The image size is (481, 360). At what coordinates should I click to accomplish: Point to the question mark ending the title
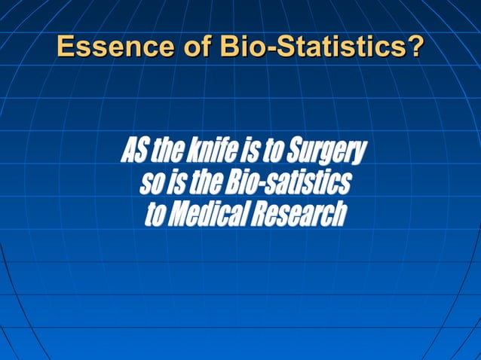pyautogui.click(x=415, y=47)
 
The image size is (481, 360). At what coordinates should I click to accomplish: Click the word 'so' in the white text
pyautogui.click(x=149, y=184)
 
